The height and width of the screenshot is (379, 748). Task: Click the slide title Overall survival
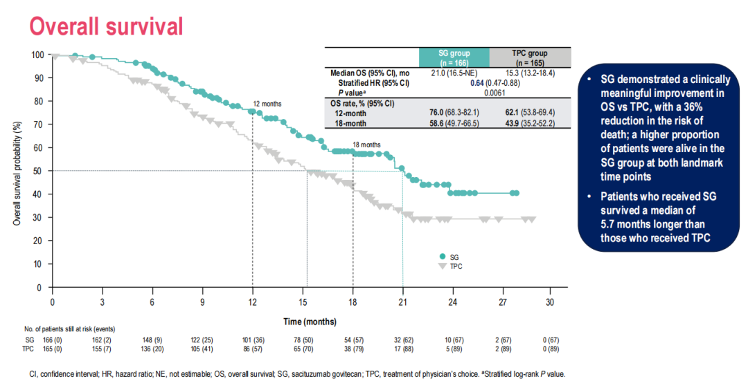click(105, 26)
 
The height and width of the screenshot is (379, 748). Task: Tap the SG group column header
click(454, 57)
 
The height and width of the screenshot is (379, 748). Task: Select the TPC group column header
click(530, 57)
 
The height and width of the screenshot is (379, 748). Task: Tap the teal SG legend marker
click(443, 257)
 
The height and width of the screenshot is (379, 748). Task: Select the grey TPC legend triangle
click(443, 266)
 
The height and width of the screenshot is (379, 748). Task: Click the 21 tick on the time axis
click(403, 302)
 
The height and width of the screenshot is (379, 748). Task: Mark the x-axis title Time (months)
click(309, 322)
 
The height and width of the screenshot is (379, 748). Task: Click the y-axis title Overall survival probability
click(17, 171)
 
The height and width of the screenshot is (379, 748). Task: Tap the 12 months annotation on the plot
click(267, 104)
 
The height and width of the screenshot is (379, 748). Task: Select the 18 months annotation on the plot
click(366, 145)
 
